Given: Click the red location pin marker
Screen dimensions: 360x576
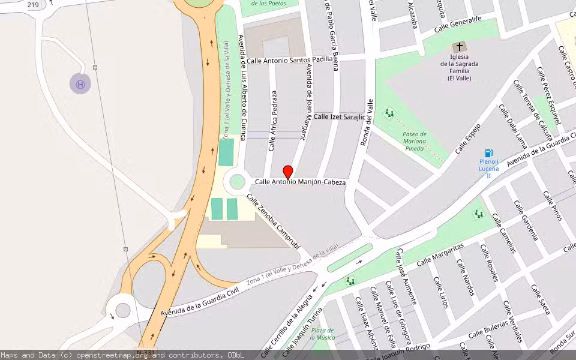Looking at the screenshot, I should [x=288, y=172].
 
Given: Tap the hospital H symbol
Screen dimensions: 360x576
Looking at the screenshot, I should [x=80, y=84].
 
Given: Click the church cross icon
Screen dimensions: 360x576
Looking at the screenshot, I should [x=460, y=47].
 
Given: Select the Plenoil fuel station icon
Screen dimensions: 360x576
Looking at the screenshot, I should [x=489, y=153].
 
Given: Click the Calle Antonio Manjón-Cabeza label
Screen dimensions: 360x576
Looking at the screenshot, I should [x=300, y=182].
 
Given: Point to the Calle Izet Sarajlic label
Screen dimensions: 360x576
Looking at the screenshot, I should [x=339, y=116].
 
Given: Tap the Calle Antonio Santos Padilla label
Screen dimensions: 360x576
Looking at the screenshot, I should [x=289, y=60].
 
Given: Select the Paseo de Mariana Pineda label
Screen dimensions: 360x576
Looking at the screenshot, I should [x=414, y=141].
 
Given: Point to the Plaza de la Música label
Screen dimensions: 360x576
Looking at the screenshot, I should [x=322, y=334].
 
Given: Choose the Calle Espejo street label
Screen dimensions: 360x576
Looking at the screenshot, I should [x=469, y=138].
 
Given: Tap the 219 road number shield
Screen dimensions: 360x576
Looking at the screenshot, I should [x=33, y=5].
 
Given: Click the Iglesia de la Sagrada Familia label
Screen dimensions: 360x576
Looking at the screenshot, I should [x=460, y=71].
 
